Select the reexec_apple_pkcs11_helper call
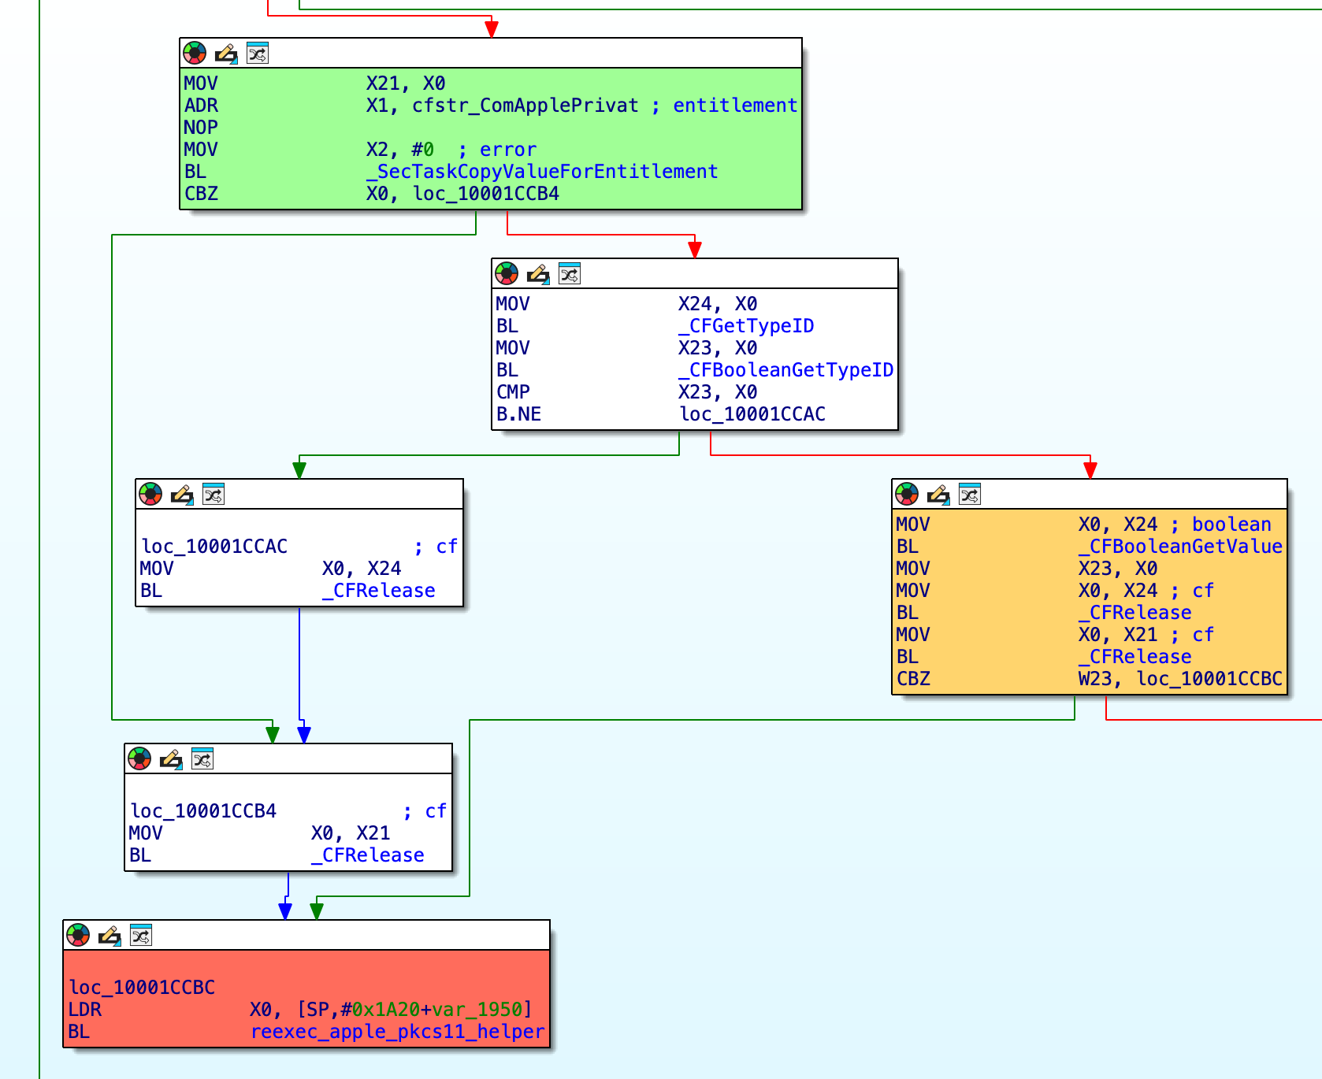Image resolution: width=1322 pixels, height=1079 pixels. click(397, 1032)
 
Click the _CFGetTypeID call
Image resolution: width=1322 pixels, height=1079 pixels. click(745, 326)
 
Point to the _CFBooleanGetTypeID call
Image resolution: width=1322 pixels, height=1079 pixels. click(785, 370)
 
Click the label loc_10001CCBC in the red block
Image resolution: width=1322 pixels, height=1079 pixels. click(142, 988)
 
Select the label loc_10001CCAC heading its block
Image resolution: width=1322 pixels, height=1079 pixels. click(214, 547)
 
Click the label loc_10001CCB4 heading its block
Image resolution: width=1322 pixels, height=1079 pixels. click(203, 811)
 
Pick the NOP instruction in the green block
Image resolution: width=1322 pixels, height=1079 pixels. click(201, 128)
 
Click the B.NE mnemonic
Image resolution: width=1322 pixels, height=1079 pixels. click(518, 414)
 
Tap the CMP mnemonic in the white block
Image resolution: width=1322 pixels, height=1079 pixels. click(513, 392)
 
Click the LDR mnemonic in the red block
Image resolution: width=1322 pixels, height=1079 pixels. click(84, 1010)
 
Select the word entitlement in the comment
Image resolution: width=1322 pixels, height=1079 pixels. click(734, 106)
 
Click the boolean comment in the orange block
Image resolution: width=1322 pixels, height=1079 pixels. click(1231, 525)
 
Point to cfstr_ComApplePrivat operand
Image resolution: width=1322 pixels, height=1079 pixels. click(525, 106)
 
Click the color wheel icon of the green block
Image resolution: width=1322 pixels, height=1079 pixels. click(195, 54)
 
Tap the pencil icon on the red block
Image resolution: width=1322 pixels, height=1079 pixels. click(110, 936)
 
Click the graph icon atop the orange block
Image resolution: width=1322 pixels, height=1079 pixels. click(970, 495)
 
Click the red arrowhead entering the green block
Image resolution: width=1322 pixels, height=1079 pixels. click(492, 29)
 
